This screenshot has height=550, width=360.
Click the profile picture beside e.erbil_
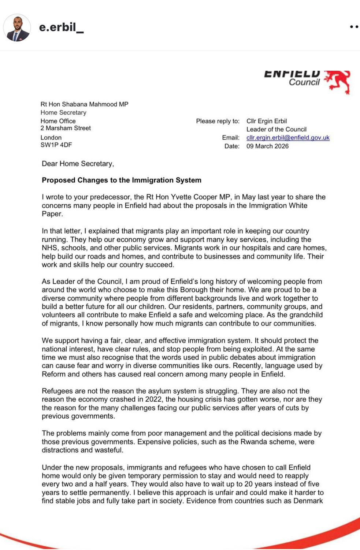(x=17, y=27)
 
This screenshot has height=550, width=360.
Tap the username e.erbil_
(x=61, y=27)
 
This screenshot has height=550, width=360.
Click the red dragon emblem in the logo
(x=338, y=81)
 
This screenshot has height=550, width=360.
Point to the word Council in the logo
(x=304, y=82)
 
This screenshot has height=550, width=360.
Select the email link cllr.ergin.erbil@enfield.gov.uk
(x=288, y=138)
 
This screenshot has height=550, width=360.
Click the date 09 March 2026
(x=267, y=146)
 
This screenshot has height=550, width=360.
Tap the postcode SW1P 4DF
(x=56, y=145)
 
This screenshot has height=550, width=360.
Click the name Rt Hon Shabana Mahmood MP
(x=84, y=104)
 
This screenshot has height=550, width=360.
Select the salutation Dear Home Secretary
(x=78, y=164)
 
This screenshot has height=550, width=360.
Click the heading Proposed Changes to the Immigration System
(x=121, y=180)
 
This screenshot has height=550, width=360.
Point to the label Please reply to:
(x=218, y=121)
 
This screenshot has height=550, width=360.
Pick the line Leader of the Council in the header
(x=276, y=129)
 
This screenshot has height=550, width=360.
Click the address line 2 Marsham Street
(x=66, y=128)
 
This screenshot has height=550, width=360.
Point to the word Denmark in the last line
(x=308, y=501)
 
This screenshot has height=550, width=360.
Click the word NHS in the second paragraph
(x=49, y=248)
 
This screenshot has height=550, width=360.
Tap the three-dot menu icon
(x=354, y=27)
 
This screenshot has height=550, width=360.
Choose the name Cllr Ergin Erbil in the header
(x=266, y=121)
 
